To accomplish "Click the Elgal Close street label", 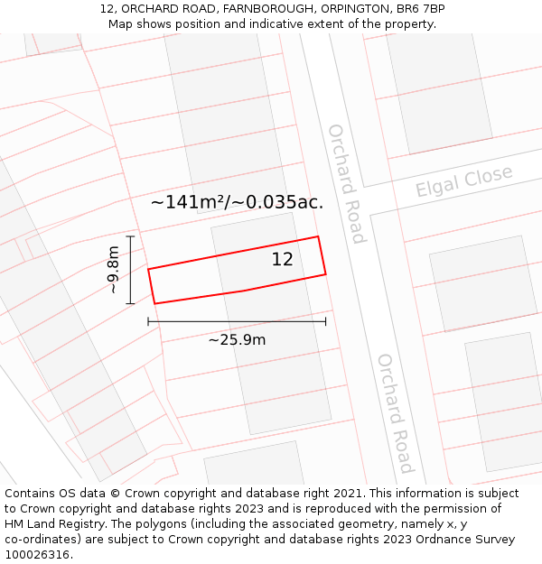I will click(463, 181).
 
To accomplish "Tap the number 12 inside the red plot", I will click(282, 260).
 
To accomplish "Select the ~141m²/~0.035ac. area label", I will click(237, 202).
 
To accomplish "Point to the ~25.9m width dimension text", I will click(237, 340).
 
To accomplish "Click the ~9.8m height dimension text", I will click(113, 270).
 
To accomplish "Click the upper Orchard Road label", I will click(347, 184).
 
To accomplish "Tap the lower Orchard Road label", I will click(396, 413).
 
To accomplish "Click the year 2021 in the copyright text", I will click(348, 494).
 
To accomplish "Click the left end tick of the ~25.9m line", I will click(148, 321).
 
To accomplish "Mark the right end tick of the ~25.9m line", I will click(326, 321).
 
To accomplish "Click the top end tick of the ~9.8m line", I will click(130, 236).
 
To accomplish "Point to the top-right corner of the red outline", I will click(318, 237).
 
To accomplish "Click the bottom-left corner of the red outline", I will click(155, 303).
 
